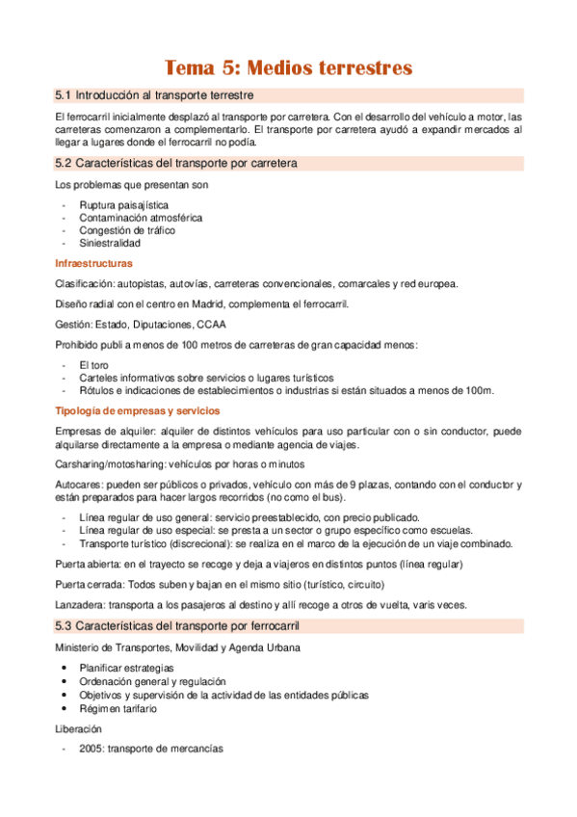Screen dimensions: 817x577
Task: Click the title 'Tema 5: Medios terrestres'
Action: [x=289, y=67]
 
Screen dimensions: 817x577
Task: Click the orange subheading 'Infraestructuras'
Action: [x=93, y=263]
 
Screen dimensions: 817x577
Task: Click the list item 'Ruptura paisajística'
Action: [x=123, y=205]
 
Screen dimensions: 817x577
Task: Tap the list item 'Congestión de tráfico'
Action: [x=127, y=230]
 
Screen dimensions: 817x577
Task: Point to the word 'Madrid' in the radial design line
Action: [x=228, y=303]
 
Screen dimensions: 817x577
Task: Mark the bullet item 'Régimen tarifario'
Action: [x=118, y=708]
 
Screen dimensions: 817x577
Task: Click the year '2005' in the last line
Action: [x=92, y=750]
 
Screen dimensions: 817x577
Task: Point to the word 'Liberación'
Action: [x=79, y=729]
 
